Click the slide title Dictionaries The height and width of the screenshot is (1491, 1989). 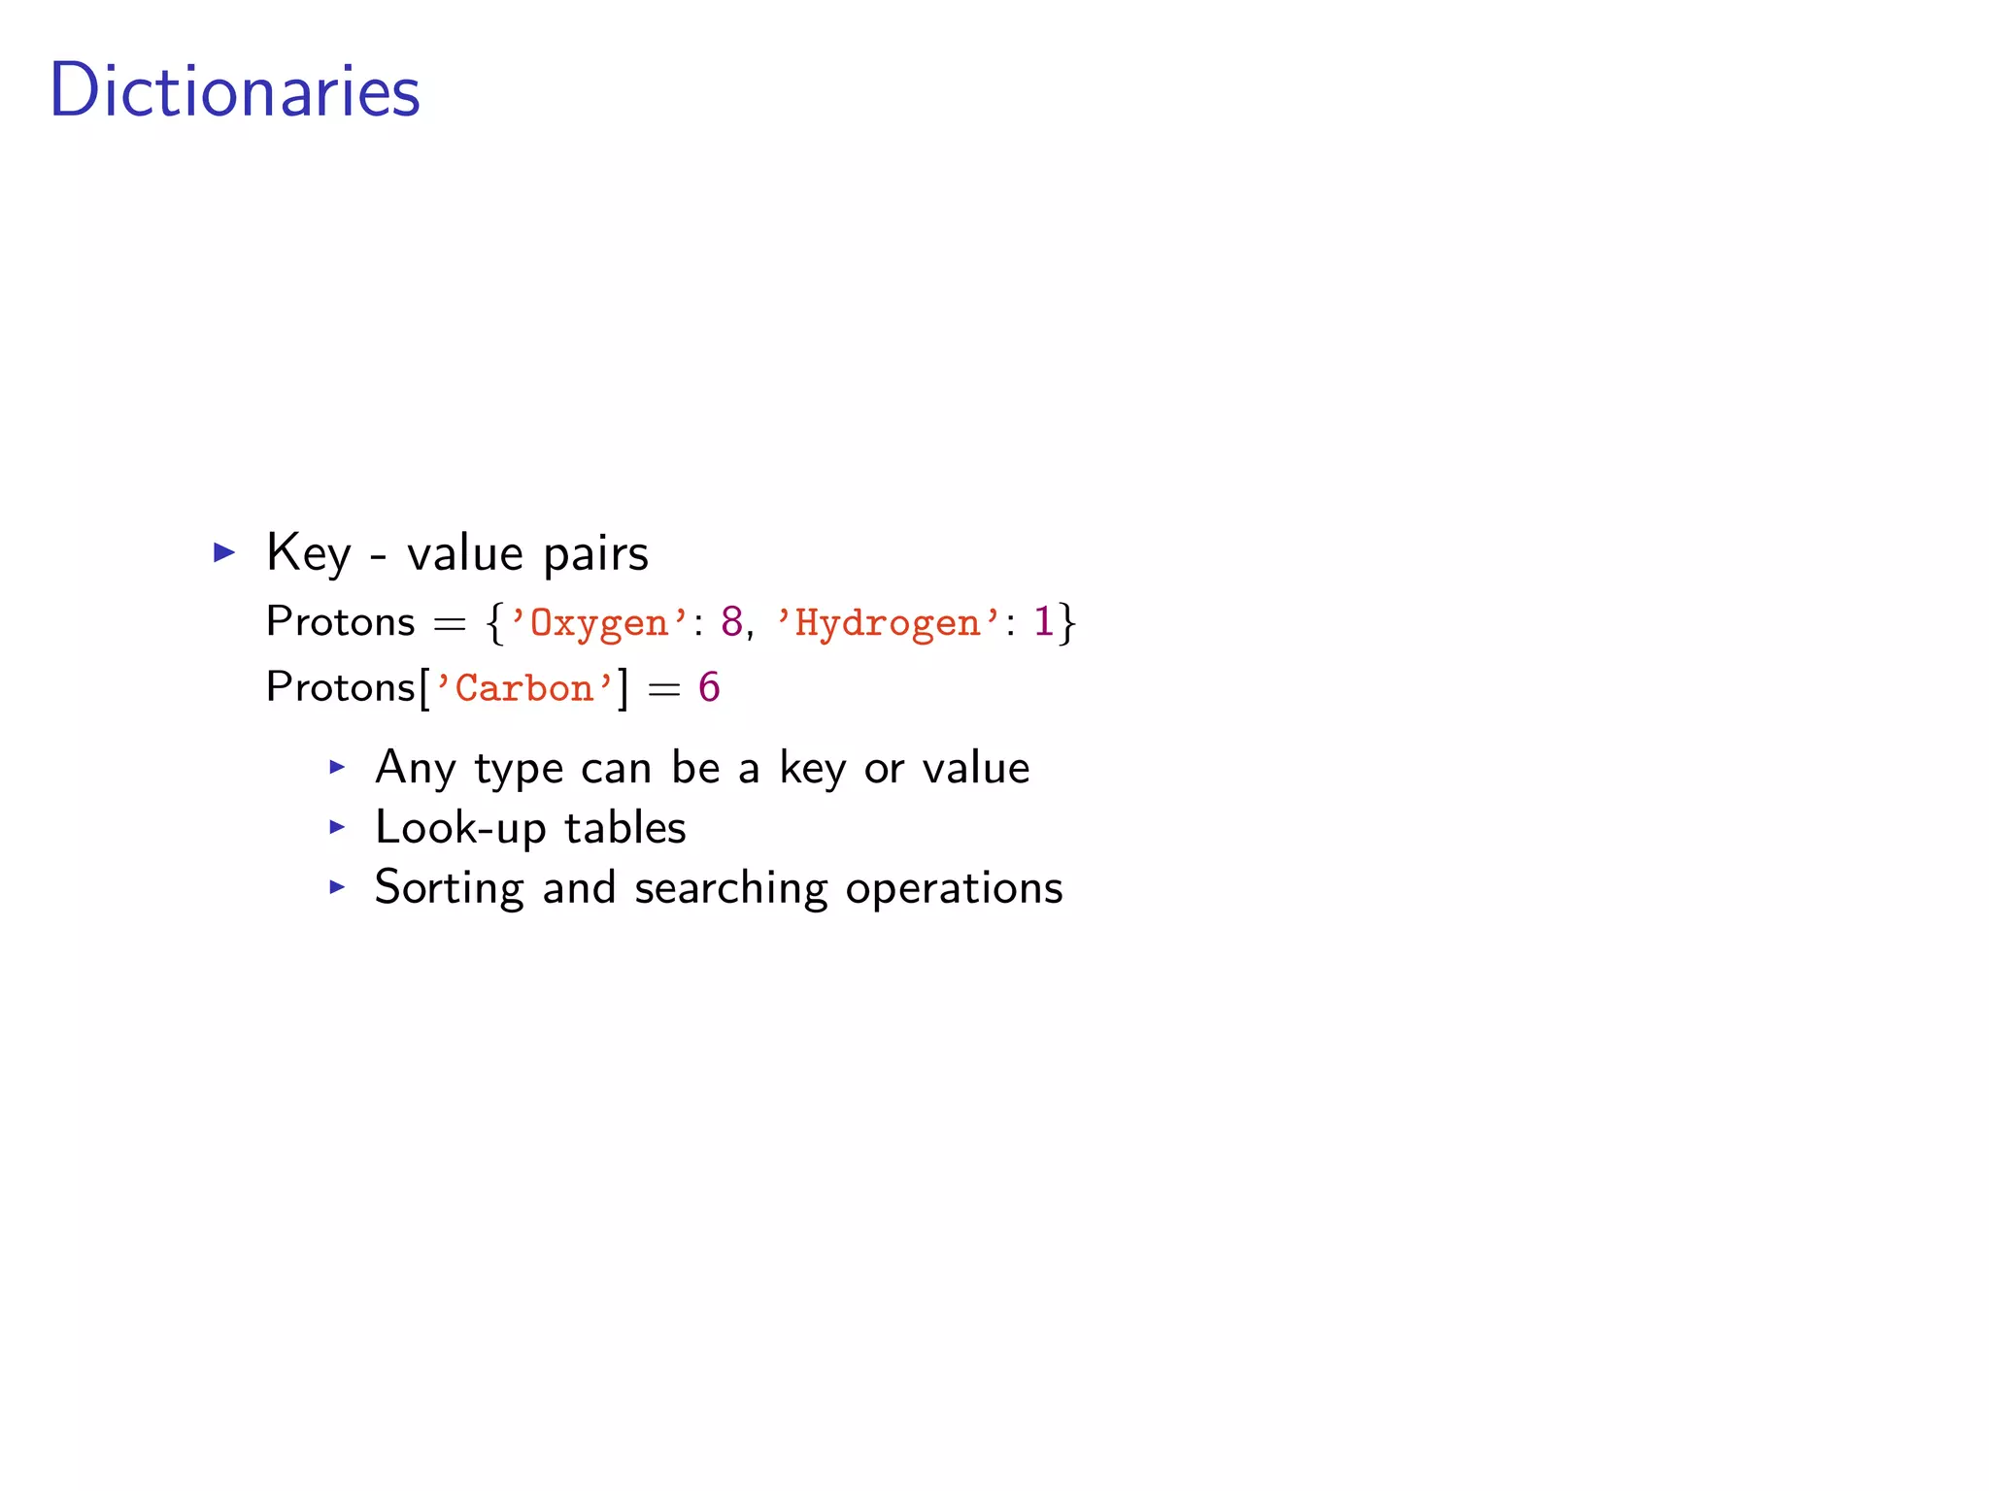pos(234,90)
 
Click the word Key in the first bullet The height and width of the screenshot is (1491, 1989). pos(308,553)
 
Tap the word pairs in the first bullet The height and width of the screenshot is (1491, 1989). pos(595,553)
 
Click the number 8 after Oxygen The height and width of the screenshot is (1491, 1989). pos(731,621)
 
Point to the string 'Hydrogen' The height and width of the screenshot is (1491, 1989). pos(888,622)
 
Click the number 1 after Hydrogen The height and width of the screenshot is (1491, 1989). pos(1043,621)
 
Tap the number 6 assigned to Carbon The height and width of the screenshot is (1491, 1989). pos(709,687)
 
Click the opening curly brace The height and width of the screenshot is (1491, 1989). pos(495,622)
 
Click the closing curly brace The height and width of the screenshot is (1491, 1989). pos(1067,622)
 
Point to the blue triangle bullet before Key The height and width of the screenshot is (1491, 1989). pos(224,553)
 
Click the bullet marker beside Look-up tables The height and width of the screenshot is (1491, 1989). pos(337,827)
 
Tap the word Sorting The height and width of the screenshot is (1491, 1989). pos(449,888)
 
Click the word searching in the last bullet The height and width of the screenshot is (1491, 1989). pos(730,888)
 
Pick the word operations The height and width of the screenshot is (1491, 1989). pos(954,888)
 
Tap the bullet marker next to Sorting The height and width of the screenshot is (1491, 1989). pos(337,886)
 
